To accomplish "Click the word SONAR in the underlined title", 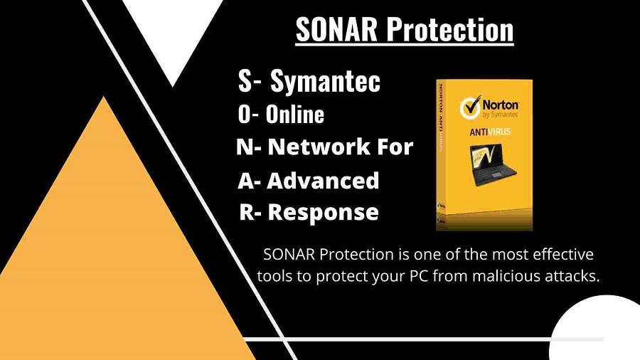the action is tap(336, 29).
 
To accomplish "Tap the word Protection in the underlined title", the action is tap(450, 29).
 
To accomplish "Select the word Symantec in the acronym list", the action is tap(325, 82).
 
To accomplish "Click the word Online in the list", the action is tap(295, 115).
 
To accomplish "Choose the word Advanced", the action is tap(323, 181).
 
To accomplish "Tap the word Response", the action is tap(323, 212).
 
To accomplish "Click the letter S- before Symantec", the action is tap(250, 80).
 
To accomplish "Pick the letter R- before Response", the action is tap(250, 212).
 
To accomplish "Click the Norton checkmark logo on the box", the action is tap(470, 107).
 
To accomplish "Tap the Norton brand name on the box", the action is tap(501, 105).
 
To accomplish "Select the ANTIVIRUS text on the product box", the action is tap(490, 132).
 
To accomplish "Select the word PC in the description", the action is tap(419, 276).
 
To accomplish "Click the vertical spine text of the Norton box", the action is tap(440, 117).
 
